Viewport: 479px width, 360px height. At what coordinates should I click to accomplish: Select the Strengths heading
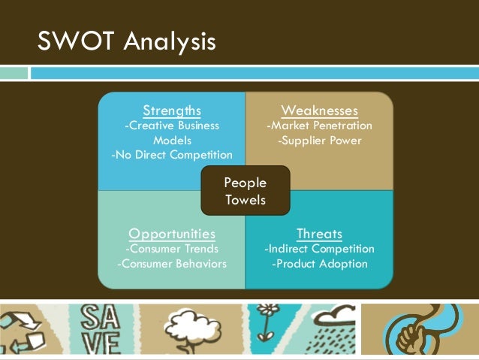(x=172, y=111)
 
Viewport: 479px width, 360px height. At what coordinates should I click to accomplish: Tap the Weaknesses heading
(x=319, y=111)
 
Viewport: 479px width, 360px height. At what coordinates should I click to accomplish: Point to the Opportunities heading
(x=172, y=233)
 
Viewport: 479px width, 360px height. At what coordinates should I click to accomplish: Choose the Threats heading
(x=319, y=233)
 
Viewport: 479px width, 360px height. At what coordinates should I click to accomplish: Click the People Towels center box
(x=246, y=191)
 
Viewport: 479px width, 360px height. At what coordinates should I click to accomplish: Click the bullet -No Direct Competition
(x=172, y=155)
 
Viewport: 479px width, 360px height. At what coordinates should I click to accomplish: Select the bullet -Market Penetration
(x=319, y=126)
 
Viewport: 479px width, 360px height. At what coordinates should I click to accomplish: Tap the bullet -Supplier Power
(x=319, y=141)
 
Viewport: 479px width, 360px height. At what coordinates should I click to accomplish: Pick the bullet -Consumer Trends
(x=172, y=248)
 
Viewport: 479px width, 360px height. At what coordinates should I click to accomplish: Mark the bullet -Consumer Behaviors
(x=172, y=263)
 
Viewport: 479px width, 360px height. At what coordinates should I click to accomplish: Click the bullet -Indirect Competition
(x=319, y=248)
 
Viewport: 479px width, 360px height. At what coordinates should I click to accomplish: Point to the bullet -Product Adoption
(x=319, y=263)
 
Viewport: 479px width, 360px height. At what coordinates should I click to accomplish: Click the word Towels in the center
(x=246, y=200)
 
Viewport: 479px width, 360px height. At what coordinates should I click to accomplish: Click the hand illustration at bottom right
(x=420, y=331)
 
